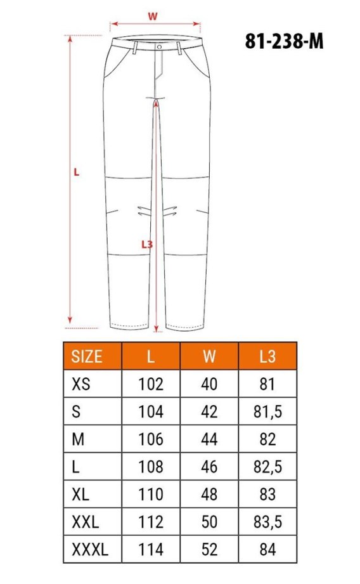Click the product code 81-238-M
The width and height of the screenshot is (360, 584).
click(x=284, y=41)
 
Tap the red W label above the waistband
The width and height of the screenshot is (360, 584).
click(x=153, y=16)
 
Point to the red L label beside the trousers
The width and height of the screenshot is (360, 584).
click(x=76, y=172)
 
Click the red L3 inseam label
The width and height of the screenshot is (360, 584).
click(x=147, y=244)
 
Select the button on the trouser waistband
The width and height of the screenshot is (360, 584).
click(x=159, y=47)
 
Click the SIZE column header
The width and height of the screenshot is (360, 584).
click(x=87, y=356)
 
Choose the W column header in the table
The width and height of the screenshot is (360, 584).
click(x=209, y=356)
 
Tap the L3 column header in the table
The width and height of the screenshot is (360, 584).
click(x=267, y=356)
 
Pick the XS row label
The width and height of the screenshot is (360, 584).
click(x=80, y=384)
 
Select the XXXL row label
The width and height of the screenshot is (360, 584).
click(x=90, y=549)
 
